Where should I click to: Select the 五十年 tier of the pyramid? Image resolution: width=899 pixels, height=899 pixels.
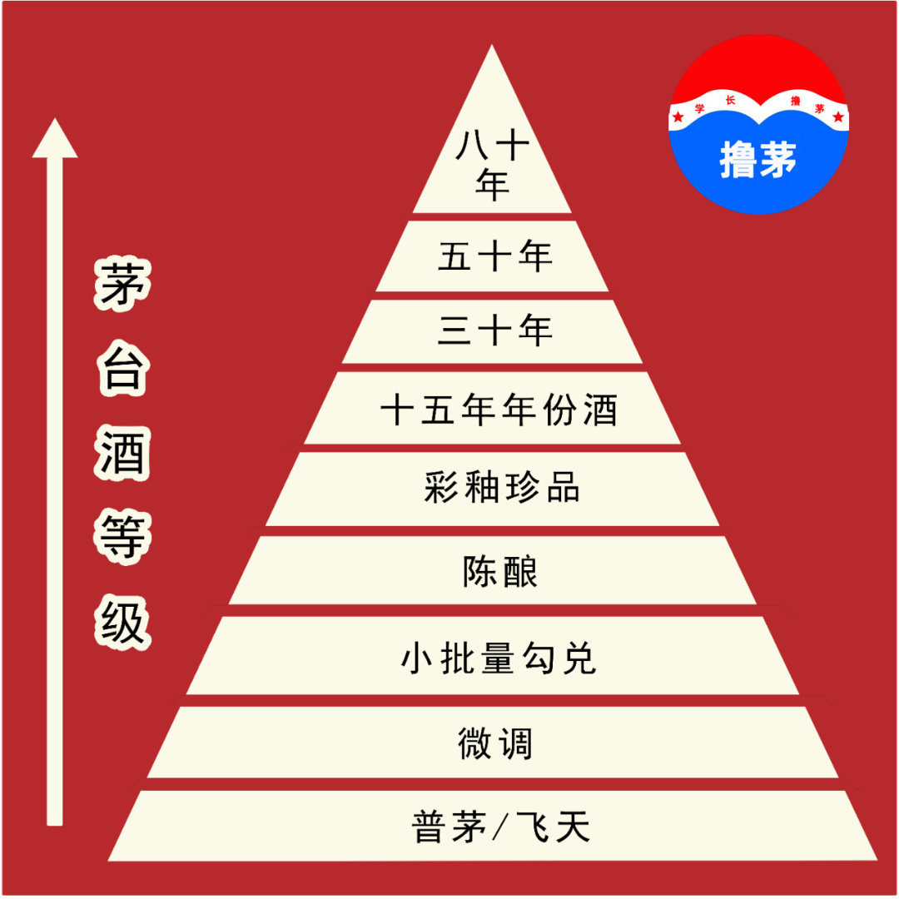click(494, 257)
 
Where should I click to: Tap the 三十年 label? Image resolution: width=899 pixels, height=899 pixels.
click(494, 331)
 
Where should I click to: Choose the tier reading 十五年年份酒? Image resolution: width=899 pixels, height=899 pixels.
click(498, 410)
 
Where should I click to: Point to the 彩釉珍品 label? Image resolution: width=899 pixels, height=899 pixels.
click(501, 488)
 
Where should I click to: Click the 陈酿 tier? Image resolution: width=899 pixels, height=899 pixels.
click(500, 572)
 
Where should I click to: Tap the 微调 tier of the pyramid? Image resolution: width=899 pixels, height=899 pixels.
click(495, 743)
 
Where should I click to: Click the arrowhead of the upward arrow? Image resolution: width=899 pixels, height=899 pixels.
click(55, 139)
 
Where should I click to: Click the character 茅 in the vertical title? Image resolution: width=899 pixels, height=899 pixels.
click(122, 286)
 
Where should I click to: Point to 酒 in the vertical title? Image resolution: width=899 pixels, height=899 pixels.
click(122, 454)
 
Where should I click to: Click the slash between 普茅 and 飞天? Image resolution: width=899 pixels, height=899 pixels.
click(501, 828)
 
